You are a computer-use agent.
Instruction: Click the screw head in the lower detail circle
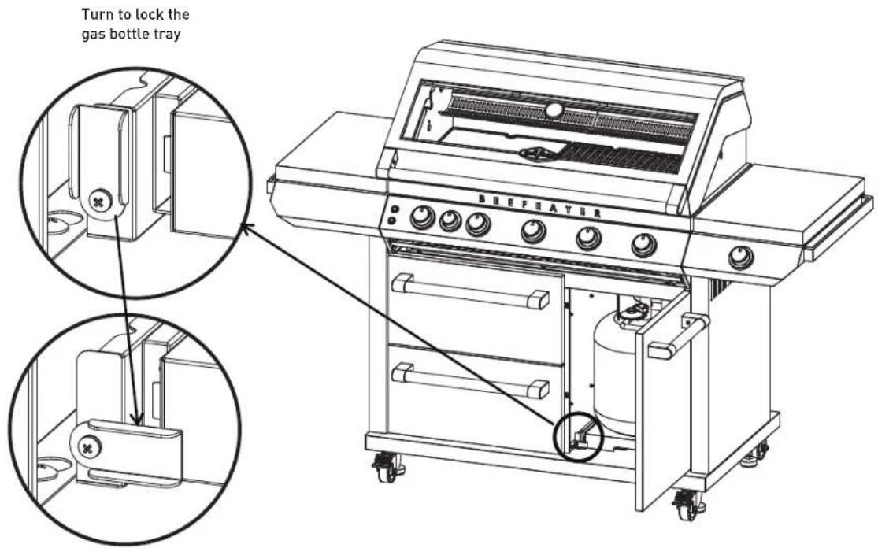click(87, 447)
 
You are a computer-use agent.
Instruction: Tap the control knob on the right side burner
click(741, 257)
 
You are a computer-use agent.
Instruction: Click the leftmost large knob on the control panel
click(423, 218)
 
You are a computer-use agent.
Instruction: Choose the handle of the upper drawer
click(470, 291)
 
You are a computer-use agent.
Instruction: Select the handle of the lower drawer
click(470, 380)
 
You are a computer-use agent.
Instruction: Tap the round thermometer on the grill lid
click(554, 110)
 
